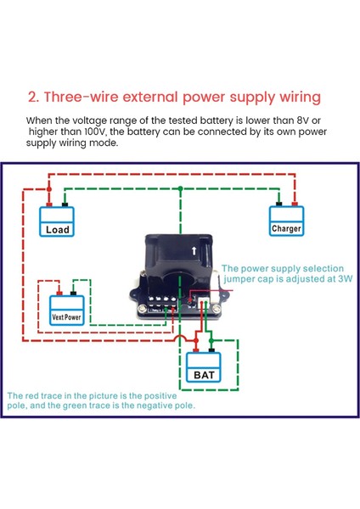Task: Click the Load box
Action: point(57,221)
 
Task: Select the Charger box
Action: point(287,221)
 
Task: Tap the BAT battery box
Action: point(204,367)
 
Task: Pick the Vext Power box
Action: point(67,310)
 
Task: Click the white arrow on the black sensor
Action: point(194,250)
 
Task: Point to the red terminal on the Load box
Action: point(49,204)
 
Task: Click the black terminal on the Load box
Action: point(65,204)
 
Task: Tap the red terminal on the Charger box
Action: point(295,204)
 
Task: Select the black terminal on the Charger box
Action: point(278,204)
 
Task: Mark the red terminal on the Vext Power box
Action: point(59,294)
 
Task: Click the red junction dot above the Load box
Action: point(49,188)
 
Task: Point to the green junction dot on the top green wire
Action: point(180,188)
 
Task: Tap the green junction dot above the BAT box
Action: point(211,340)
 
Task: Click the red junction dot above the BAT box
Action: point(196,340)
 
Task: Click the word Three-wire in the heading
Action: point(82,97)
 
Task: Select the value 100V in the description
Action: point(95,131)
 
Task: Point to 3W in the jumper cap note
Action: point(345,279)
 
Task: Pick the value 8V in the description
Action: point(303,120)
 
